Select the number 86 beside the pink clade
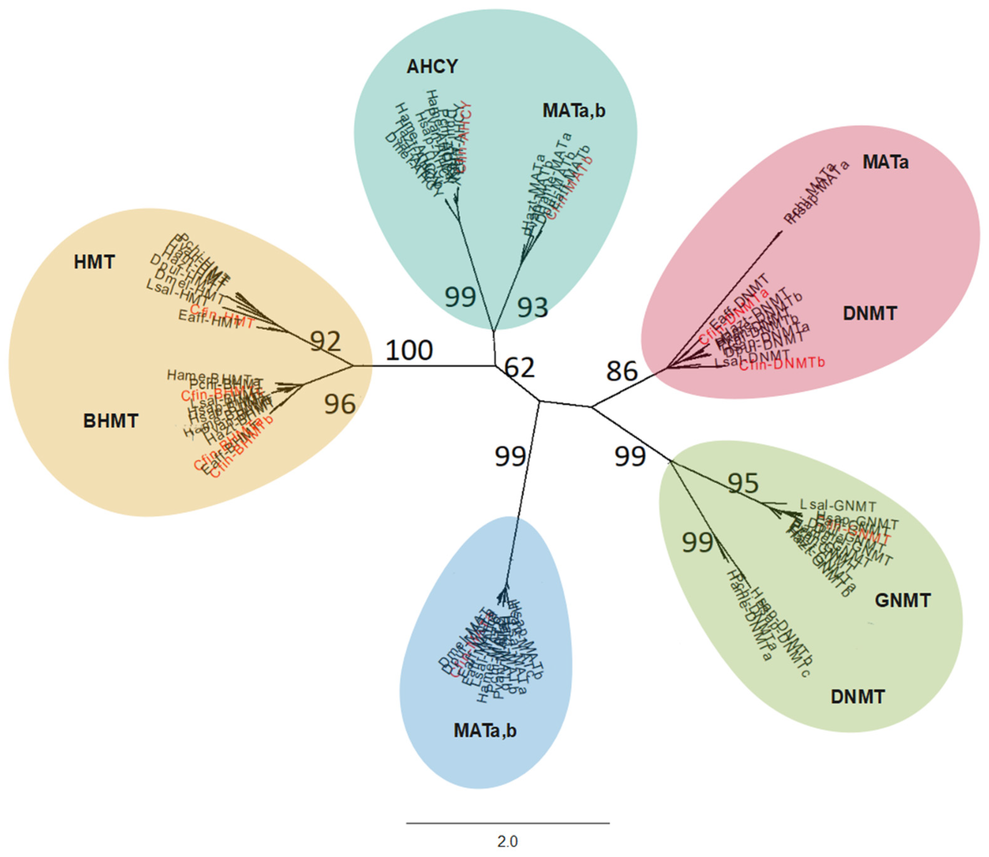click(x=622, y=371)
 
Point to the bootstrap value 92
click(x=325, y=341)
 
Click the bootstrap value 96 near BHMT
click(x=340, y=404)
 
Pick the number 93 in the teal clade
click(x=533, y=307)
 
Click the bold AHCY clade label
click(x=432, y=67)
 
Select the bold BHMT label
click(x=110, y=421)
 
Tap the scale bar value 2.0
click(x=507, y=841)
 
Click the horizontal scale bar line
click(x=508, y=823)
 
